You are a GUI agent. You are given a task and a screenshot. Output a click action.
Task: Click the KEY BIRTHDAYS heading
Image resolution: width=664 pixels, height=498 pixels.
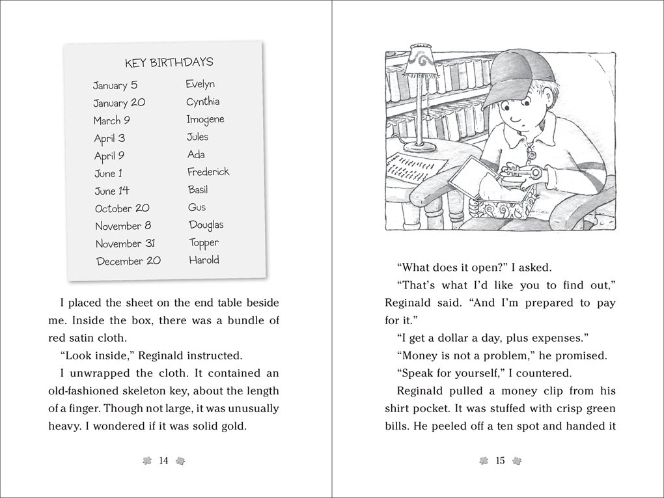(x=169, y=62)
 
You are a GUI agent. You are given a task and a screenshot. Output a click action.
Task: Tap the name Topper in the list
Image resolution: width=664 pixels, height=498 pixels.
(x=204, y=243)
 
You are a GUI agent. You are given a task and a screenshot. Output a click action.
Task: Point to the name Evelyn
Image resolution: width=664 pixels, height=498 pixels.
(x=200, y=84)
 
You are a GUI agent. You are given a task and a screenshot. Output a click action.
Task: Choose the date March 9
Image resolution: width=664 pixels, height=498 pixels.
(x=111, y=120)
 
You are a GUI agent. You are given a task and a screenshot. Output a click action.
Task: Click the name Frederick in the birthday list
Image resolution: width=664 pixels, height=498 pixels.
(x=208, y=172)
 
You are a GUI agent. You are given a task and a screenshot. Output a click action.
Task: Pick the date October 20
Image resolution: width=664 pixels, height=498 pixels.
(x=122, y=208)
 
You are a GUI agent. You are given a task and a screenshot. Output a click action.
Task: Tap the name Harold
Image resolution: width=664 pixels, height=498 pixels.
(x=204, y=260)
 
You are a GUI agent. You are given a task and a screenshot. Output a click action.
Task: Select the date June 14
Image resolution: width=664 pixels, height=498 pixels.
(x=112, y=191)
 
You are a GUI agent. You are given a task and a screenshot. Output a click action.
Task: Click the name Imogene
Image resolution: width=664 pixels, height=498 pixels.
(x=205, y=119)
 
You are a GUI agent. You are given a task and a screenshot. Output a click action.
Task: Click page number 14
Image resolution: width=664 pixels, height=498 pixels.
(x=163, y=461)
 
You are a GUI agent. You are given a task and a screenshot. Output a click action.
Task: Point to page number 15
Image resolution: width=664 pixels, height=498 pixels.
(x=500, y=461)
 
